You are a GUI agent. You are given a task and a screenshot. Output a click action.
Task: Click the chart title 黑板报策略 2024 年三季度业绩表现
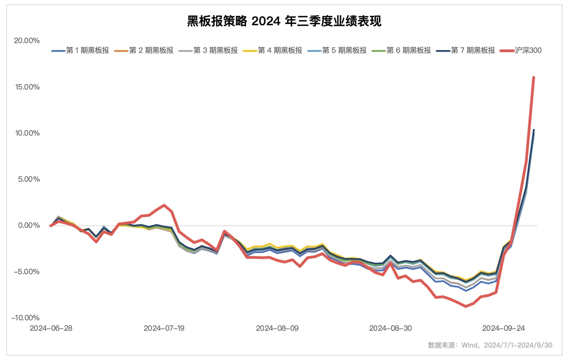284,21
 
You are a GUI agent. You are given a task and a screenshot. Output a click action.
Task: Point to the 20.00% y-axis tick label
27,41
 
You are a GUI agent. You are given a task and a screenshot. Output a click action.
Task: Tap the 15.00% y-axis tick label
27,87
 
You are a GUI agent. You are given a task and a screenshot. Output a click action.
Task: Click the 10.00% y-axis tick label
27,133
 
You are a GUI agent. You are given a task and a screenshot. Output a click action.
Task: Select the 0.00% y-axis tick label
29,226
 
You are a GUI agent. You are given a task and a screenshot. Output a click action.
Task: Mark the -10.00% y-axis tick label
26,318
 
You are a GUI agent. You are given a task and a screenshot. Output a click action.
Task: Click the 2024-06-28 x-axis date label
51,328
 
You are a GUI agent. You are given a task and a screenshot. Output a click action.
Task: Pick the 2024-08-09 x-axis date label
277,328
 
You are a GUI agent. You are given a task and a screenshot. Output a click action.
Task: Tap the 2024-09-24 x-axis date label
503,328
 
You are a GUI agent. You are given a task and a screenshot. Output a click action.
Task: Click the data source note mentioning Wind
490,345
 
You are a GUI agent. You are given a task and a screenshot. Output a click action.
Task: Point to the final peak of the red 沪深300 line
534,78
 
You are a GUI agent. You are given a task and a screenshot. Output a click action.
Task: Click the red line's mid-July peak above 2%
164,205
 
